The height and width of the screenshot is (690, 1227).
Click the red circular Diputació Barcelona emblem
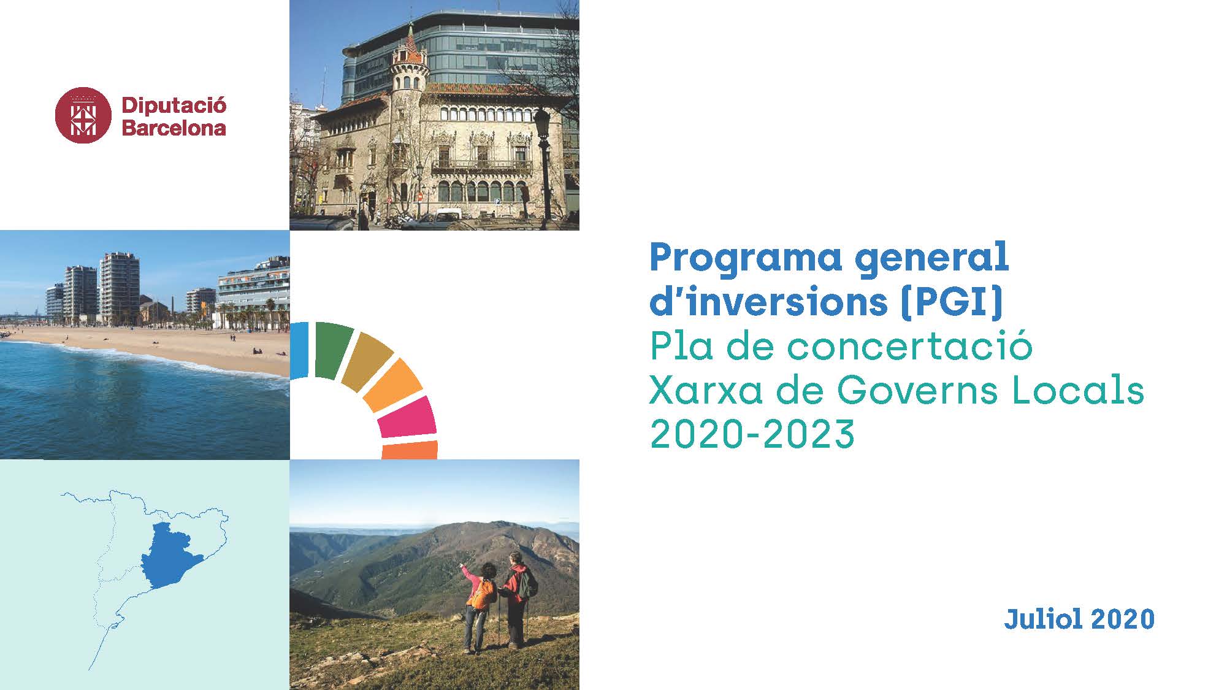(83, 115)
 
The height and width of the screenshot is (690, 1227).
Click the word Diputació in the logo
(174, 106)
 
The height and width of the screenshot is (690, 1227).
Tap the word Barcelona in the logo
(174, 128)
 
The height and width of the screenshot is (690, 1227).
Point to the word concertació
(910, 347)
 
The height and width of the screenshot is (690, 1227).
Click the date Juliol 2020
(1079, 619)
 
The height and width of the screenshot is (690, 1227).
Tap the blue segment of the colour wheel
(299, 349)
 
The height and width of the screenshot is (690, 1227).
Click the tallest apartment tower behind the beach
(120, 288)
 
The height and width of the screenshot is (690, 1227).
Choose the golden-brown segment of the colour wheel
(367, 361)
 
